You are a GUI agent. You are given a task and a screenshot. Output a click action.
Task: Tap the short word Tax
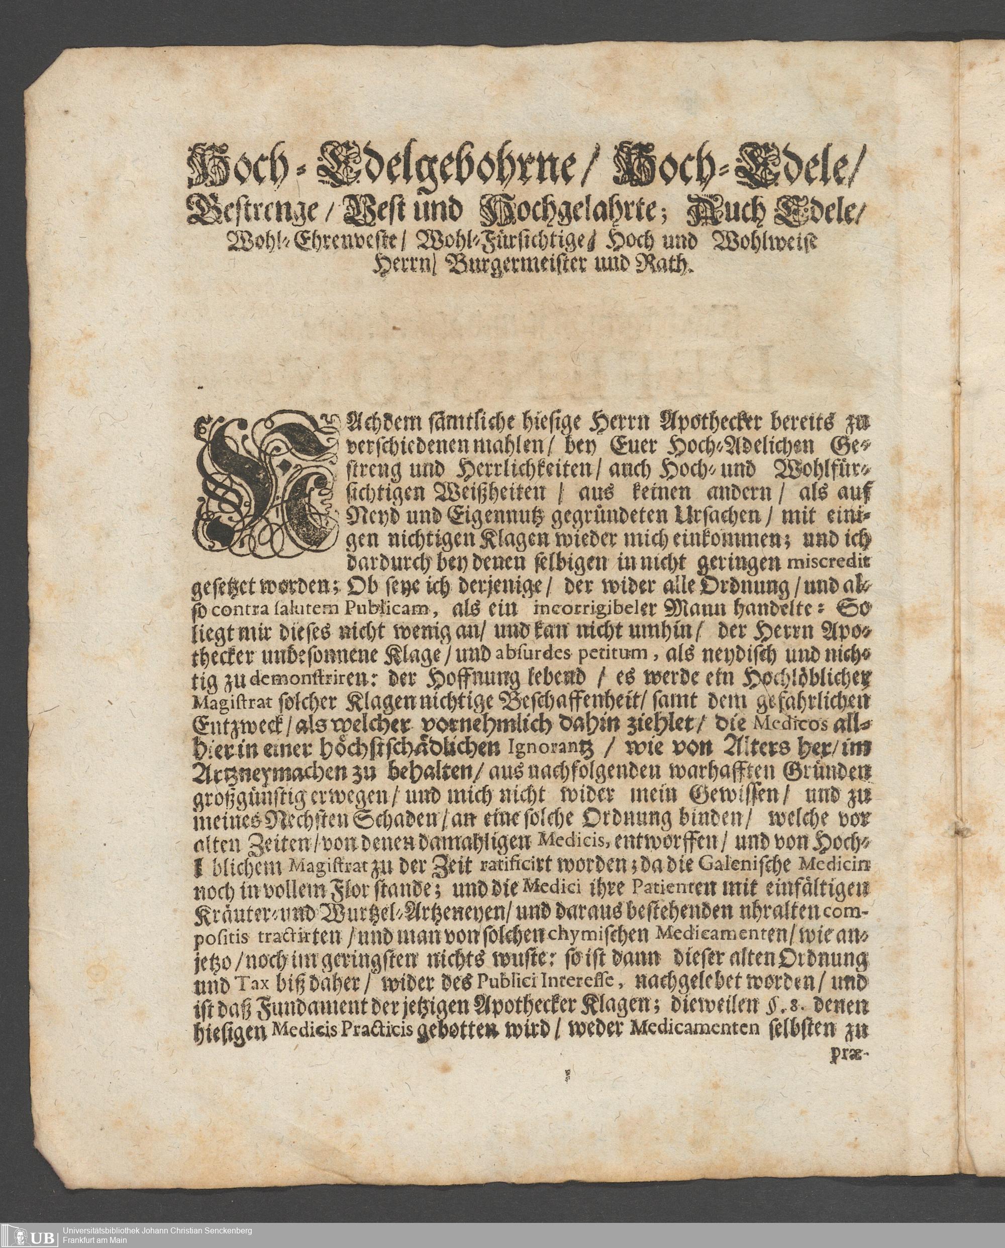pyautogui.click(x=252, y=993)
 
